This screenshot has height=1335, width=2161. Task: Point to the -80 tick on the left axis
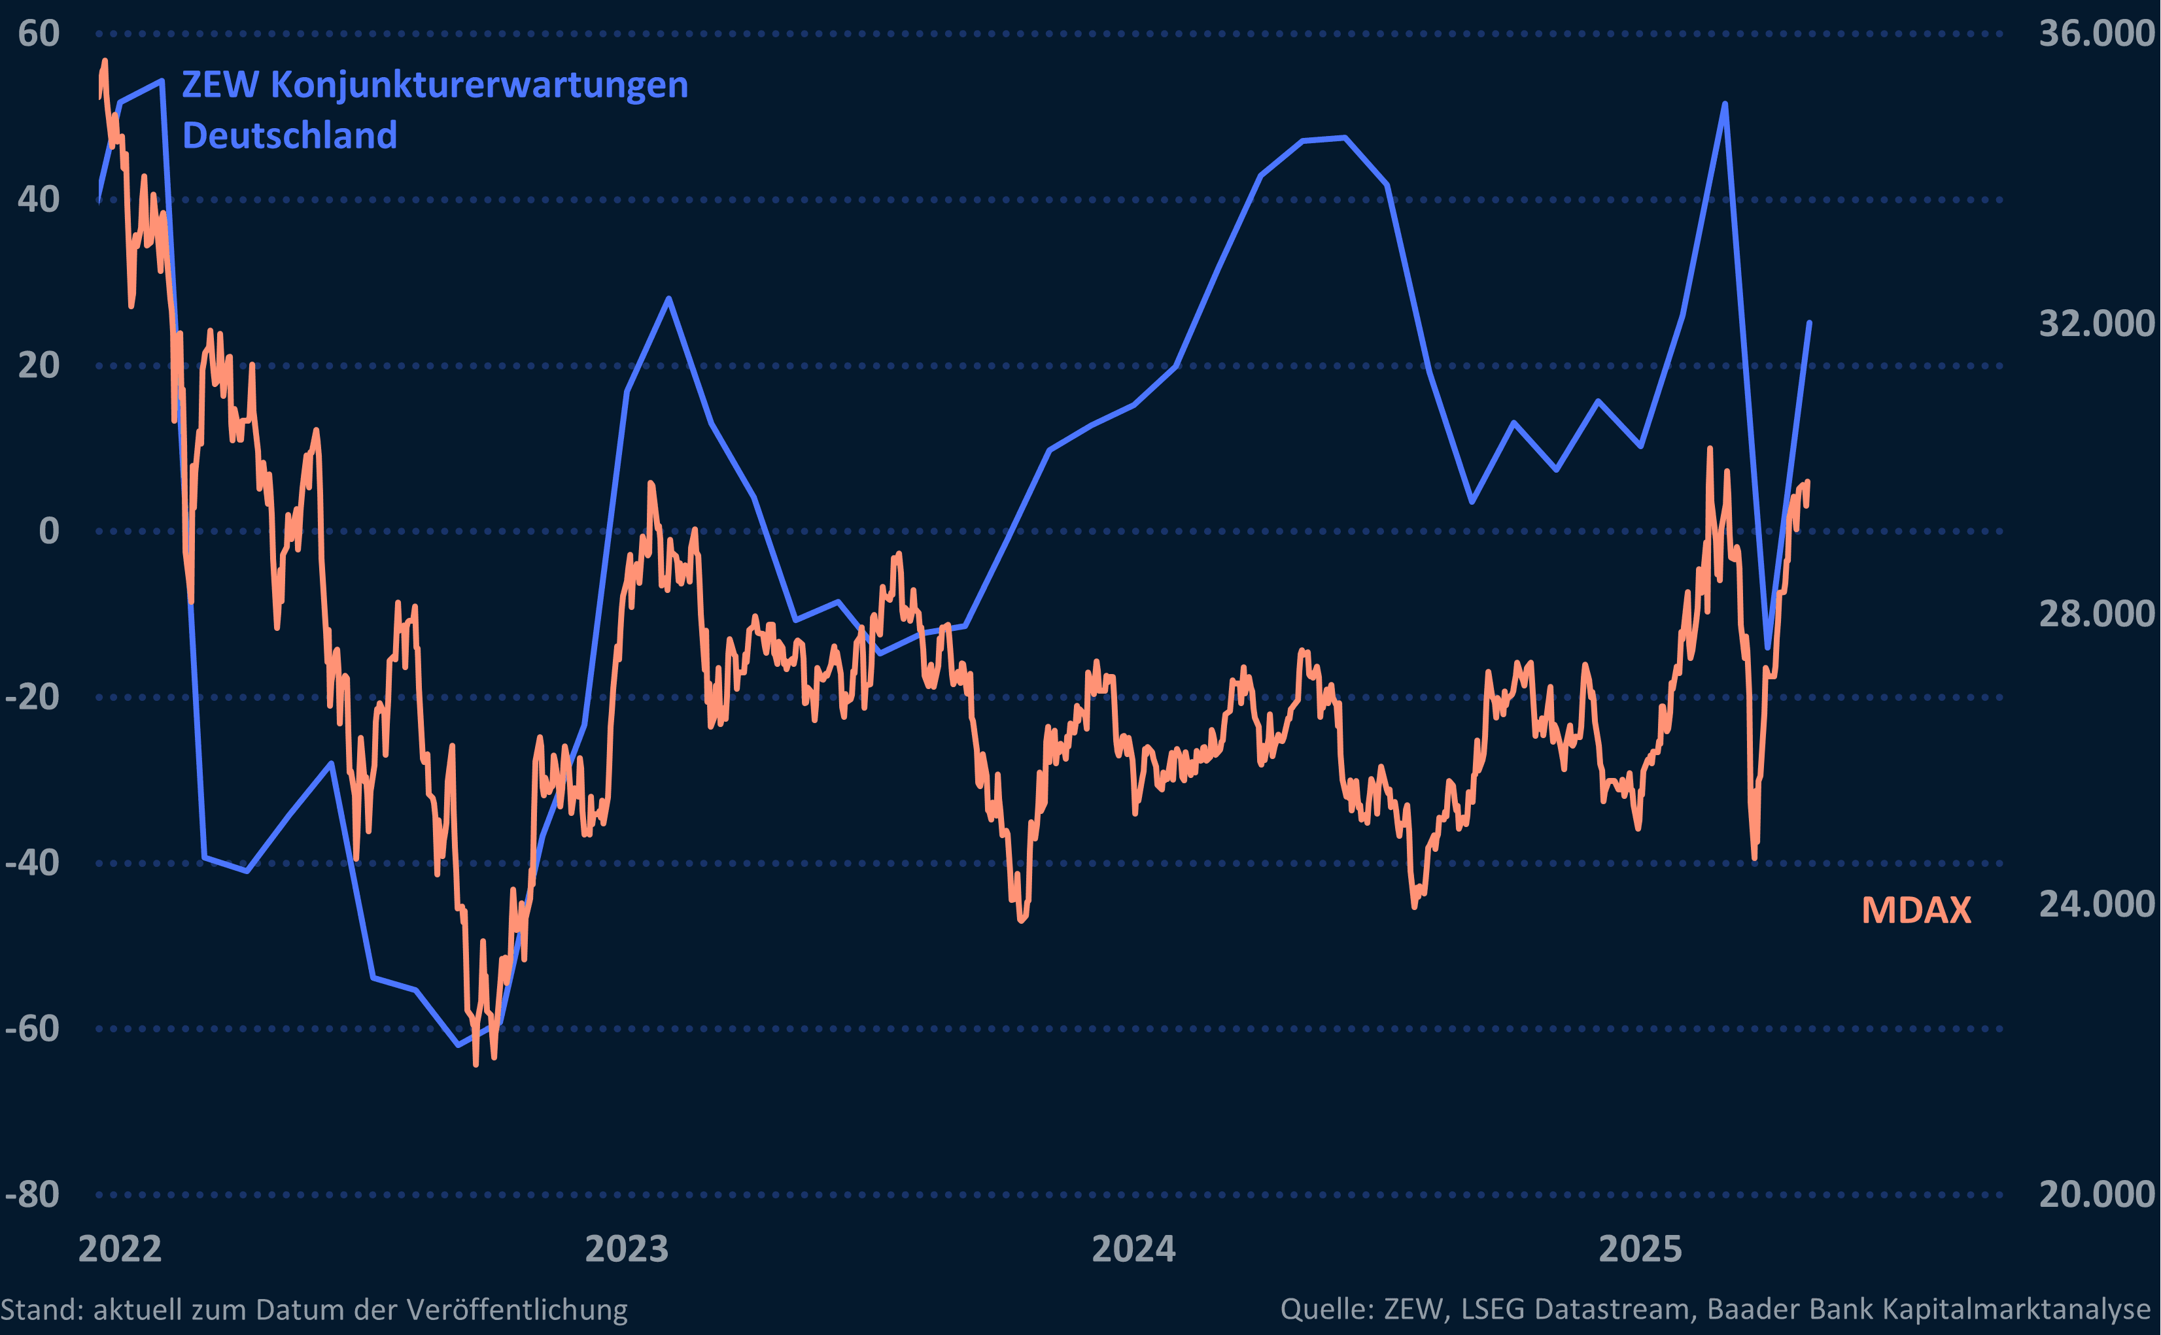33,1194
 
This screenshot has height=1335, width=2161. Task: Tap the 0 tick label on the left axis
50,532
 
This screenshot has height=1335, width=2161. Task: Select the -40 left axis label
33,862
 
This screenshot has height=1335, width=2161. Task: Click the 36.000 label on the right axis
2096,33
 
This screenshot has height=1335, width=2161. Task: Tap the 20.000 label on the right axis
2096,1194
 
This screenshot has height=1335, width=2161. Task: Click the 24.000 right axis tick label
2096,904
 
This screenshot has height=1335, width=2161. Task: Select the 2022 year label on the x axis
120,1249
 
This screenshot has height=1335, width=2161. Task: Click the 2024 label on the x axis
1134,1249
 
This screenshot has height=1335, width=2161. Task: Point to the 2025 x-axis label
1641,1249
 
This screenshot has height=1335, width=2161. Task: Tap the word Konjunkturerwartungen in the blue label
479,86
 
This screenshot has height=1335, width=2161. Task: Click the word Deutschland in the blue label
290,136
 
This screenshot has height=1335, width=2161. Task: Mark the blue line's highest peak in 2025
1725,104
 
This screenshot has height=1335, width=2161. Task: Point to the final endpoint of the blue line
1810,323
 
